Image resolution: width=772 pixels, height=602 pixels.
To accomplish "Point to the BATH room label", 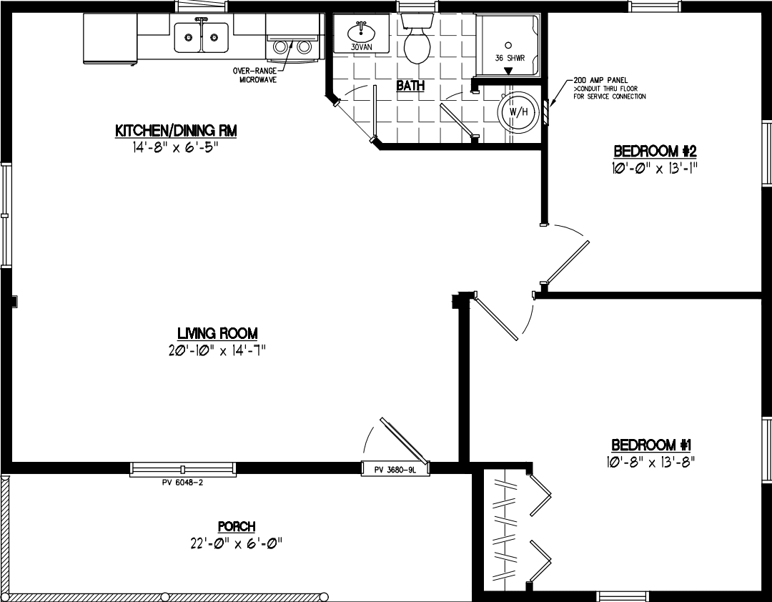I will click(x=410, y=86).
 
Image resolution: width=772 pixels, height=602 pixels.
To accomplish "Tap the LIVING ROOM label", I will click(x=217, y=333).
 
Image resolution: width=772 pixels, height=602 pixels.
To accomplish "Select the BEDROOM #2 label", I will click(x=655, y=152).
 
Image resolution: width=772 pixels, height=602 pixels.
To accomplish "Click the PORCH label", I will click(x=237, y=527).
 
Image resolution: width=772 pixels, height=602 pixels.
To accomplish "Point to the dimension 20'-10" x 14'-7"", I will click(x=217, y=350).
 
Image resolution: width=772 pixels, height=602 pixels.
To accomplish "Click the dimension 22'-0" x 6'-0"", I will click(x=232, y=543).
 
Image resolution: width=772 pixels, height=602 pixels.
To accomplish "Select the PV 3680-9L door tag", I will click(x=395, y=470).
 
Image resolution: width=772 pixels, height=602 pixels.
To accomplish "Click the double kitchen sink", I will click(x=201, y=37).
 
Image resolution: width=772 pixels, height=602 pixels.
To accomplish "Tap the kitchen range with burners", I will click(x=292, y=45).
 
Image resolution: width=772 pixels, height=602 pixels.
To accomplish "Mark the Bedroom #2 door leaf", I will click(x=568, y=262).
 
